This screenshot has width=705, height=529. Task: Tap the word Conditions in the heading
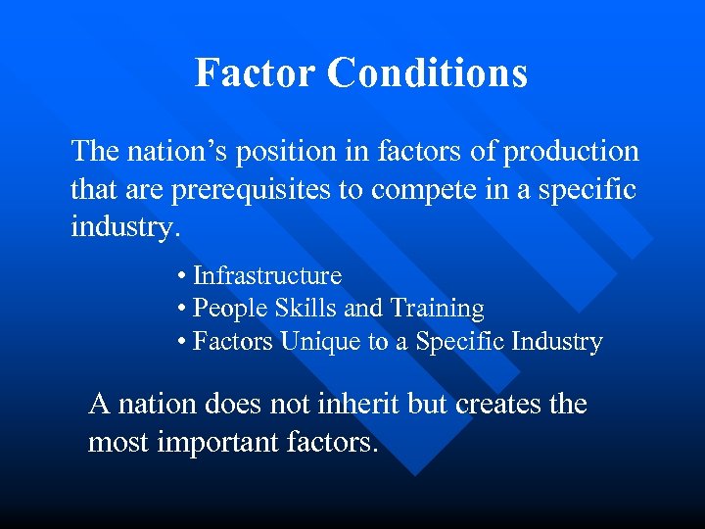point(428,72)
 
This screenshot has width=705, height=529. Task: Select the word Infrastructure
point(266,276)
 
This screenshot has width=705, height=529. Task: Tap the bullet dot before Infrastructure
point(182,277)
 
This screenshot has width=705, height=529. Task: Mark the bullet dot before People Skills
point(182,310)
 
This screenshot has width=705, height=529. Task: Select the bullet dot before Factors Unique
point(182,343)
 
